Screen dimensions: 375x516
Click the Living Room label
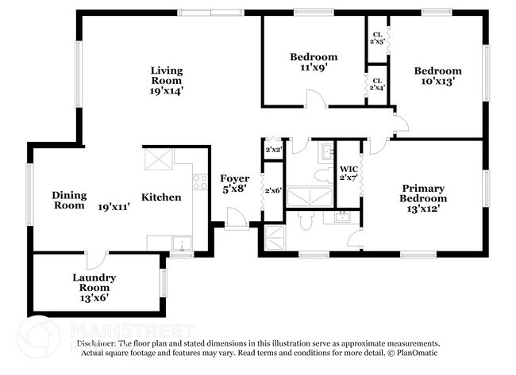point(167,80)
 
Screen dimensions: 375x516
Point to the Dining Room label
point(68,200)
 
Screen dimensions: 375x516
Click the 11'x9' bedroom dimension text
point(313,68)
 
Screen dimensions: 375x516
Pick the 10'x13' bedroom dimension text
point(437,82)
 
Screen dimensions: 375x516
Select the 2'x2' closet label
point(272,148)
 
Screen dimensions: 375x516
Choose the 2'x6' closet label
point(272,190)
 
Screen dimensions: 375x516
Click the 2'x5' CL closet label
point(377,38)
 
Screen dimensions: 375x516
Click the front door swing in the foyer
point(234,218)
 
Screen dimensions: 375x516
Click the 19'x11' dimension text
point(114,206)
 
